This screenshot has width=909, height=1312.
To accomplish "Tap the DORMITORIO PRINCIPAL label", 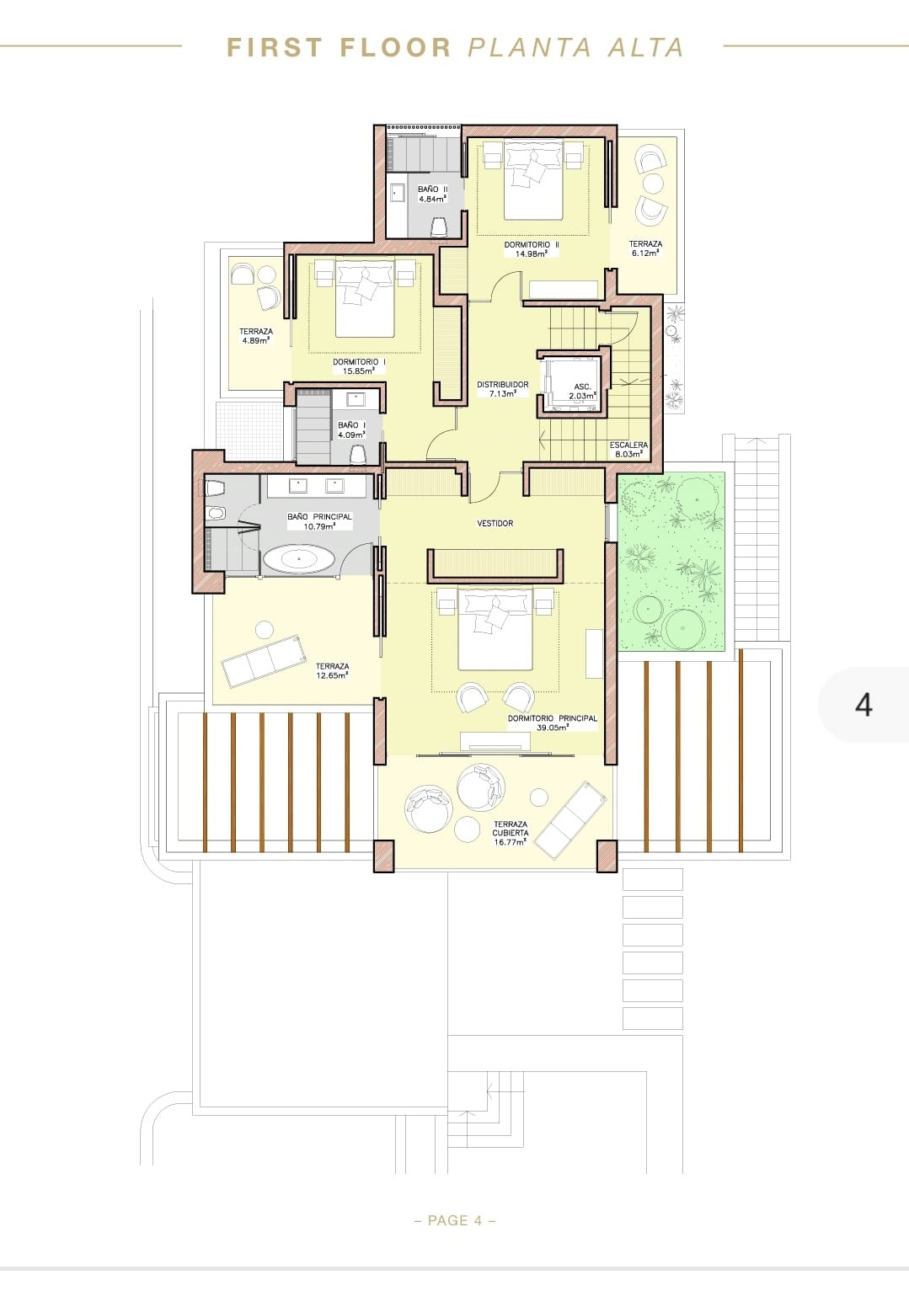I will pyautogui.click(x=552, y=718).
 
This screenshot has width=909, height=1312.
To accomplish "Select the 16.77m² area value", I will pyautogui.click(x=510, y=841).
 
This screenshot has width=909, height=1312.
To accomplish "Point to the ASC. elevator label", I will pyautogui.click(x=582, y=387).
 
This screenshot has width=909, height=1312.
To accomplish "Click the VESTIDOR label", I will pyautogui.click(x=495, y=524).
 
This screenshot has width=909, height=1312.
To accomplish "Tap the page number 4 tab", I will pyautogui.click(x=864, y=704).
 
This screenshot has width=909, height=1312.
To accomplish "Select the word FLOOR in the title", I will pyautogui.click(x=395, y=48).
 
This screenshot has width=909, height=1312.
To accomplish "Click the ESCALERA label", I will pyautogui.click(x=628, y=445).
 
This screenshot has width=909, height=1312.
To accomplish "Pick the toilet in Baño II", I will pyautogui.click(x=439, y=227).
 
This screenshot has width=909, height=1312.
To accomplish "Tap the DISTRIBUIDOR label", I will pyautogui.click(x=502, y=384).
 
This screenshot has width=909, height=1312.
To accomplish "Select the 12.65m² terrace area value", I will pyautogui.click(x=332, y=675).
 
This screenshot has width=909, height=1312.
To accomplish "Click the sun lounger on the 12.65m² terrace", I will pyautogui.click(x=263, y=659).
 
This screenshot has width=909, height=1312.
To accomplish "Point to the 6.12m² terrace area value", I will pyautogui.click(x=645, y=253).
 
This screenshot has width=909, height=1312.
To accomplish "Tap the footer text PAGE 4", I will pyautogui.click(x=455, y=1220).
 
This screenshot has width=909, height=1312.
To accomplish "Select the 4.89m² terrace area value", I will pyautogui.click(x=255, y=340).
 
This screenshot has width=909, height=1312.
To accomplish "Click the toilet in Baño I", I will pyautogui.click(x=357, y=455).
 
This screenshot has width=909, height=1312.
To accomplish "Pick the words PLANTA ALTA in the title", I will pyautogui.click(x=575, y=48).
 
